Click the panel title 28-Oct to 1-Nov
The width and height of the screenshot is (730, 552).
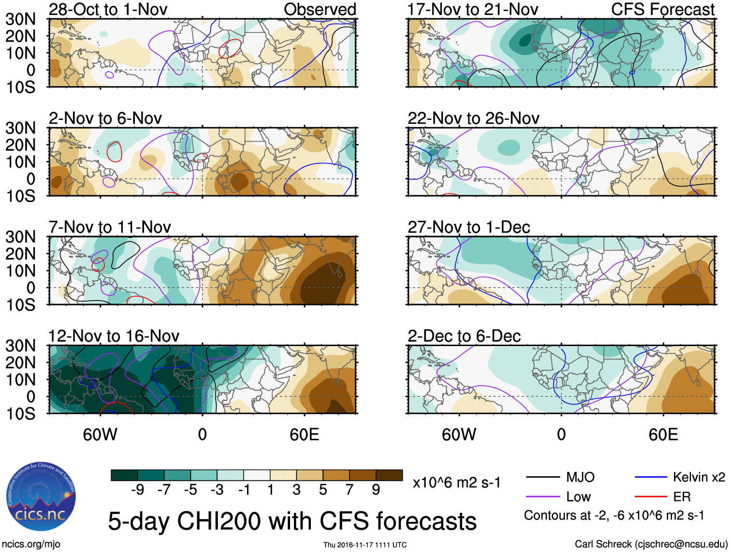[108, 9]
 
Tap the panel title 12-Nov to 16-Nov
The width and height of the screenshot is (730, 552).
[114, 335]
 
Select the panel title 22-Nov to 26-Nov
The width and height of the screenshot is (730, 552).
[473, 118]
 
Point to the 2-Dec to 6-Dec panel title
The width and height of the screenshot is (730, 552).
[464, 335]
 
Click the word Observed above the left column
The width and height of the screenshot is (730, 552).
[320, 9]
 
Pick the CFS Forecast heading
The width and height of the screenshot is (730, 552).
[662, 9]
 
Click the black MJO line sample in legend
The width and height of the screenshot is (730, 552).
[542, 478]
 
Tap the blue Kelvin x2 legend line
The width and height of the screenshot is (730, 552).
[651, 478]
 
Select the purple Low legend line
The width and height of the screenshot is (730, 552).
[542, 497]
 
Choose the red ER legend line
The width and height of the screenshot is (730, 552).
[651, 497]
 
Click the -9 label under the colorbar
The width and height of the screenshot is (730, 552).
[137, 490]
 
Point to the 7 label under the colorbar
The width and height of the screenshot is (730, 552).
[350, 490]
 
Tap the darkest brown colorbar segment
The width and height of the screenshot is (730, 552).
[389, 475]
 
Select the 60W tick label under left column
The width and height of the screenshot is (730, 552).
[100, 435]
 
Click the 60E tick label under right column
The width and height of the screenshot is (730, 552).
[663, 435]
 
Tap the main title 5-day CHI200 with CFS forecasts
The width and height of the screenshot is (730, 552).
[292, 521]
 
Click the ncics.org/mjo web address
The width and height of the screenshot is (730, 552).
[31, 544]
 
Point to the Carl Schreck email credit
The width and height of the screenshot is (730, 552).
[651, 544]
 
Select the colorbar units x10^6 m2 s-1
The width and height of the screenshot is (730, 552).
[456, 482]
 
